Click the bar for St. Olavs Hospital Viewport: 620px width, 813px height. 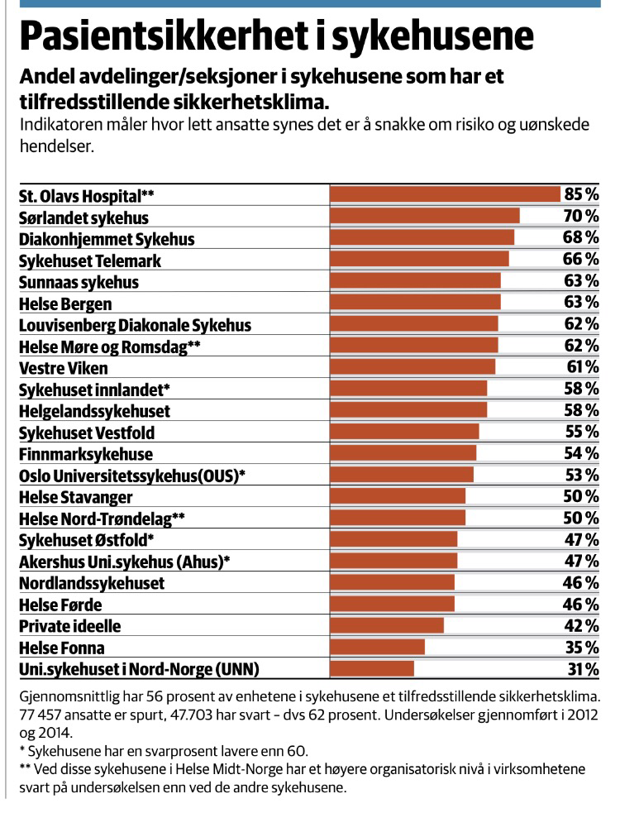(x=445, y=195)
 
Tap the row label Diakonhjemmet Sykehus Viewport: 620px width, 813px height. (x=107, y=239)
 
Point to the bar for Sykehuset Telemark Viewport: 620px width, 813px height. (x=419, y=260)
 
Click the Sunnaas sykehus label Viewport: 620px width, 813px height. (x=79, y=282)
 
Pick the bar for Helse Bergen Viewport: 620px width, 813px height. (x=415, y=303)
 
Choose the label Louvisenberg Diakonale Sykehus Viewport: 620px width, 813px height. (x=135, y=325)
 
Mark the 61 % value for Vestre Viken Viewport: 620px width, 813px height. (x=582, y=367)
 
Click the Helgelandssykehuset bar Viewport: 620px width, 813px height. (x=408, y=410)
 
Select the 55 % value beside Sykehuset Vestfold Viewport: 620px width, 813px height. (x=582, y=432)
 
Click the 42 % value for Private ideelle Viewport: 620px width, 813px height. (x=582, y=625)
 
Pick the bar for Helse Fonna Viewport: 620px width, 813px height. (x=377, y=647)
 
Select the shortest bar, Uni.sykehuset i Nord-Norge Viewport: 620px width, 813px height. (x=372, y=668)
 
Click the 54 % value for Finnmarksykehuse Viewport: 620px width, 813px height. (x=582, y=453)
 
